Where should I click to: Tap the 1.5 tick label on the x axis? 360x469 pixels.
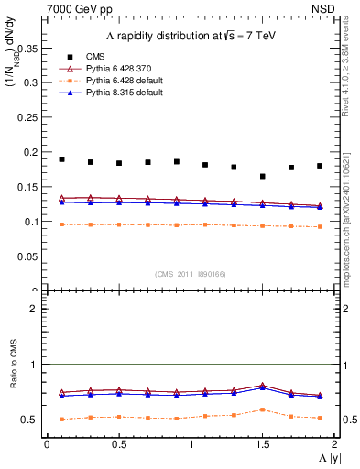point(263,443)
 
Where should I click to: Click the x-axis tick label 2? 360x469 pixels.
point(334,443)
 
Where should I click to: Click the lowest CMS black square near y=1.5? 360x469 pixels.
point(263,176)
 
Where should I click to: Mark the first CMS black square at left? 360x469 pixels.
point(61,159)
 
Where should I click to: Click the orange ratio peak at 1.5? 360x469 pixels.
point(263,409)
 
